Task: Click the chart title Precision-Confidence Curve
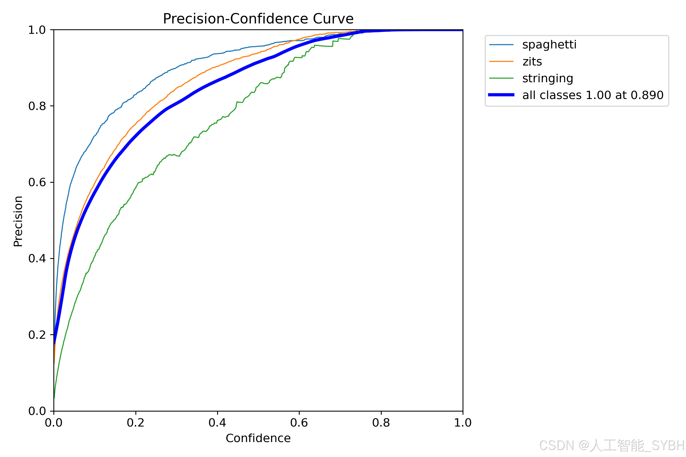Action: tap(258, 19)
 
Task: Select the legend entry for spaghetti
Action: tap(549, 45)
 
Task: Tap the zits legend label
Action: tap(532, 62)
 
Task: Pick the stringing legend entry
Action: tap(548, 79)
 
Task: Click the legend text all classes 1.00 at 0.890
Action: tap(593, 95)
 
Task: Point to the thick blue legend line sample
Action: tap(501, 95)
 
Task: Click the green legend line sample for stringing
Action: tap(501, 78)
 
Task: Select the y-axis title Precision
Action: tap(18, 221)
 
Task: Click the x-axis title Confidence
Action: tap(258, 438)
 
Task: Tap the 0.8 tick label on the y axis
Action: tap(37, 106)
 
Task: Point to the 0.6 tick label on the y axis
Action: tap(37, 182)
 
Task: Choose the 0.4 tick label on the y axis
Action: tap(37, 258)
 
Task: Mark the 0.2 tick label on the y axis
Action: tap(37, 335)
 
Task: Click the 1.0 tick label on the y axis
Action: tap(37, 30)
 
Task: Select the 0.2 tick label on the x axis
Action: tap(136, 423)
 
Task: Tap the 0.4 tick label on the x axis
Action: tap(217, 423)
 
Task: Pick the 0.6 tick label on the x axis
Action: tap(299, 423)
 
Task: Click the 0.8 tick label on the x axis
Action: tap(381, 423)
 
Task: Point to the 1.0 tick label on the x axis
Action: tap(463, 423)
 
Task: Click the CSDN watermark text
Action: tap(612, 445)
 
